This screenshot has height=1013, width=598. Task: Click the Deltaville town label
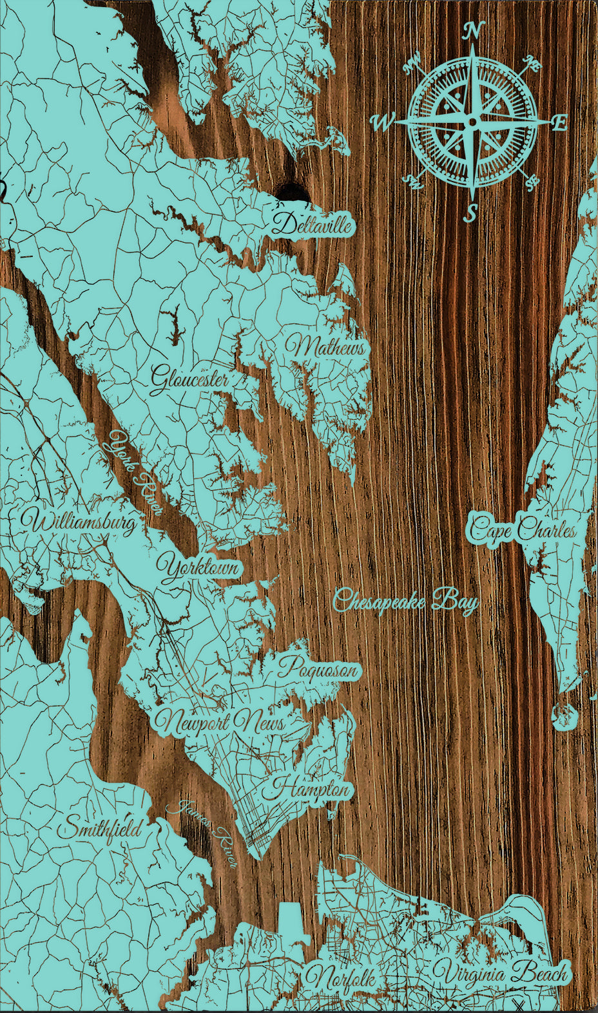coord(313,224)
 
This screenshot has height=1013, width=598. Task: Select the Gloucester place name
coord(189,379)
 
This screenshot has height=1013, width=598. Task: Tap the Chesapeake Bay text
coord(406,601)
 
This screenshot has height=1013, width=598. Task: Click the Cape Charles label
coord(523,529)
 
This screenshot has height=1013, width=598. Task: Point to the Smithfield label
coord(99,828)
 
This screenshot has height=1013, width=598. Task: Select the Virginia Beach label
coord(501,974)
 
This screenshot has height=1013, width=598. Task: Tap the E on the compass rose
coord(559,122)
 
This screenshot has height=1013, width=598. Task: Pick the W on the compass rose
coord(383,122)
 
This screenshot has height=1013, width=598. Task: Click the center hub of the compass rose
coord(472,122)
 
